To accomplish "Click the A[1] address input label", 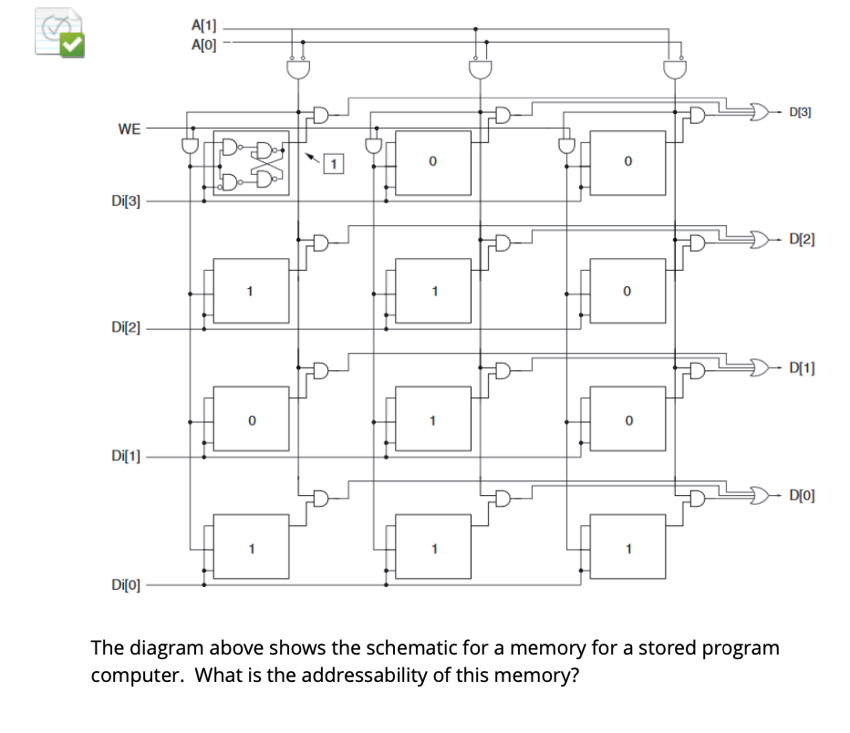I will [203, 26].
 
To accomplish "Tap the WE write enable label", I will [130, 129].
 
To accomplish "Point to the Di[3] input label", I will [126, 201].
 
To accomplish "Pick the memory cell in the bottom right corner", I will [627, 547].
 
